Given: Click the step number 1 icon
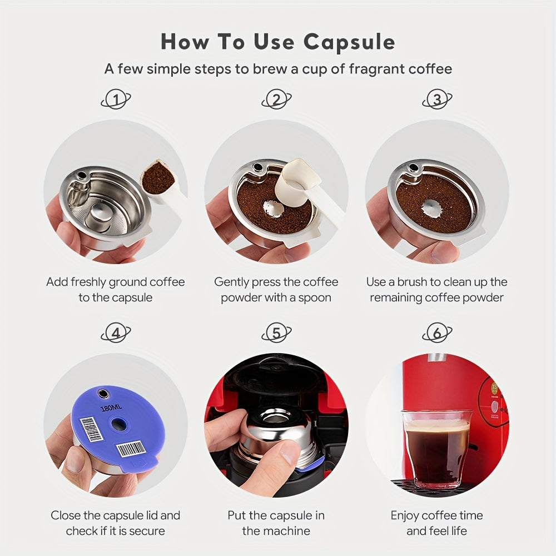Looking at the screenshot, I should [x=116, y=100].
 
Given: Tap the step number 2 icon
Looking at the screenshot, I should [x=276, y=100].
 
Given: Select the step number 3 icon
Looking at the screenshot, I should [x=437, y=100].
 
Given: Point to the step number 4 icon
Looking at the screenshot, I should [x=116, y=333].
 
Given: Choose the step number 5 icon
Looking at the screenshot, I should [x=276, y=333].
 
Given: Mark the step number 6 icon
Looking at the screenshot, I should [x=437, y=333].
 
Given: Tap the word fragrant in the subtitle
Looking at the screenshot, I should [x=378, y=69].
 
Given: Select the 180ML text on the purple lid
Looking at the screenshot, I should [x=111, y=408].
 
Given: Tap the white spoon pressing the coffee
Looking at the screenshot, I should [x=300, y=178].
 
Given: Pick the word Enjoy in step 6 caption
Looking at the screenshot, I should [x=407, y=515].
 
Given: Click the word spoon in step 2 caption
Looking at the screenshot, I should [x=315, y=297].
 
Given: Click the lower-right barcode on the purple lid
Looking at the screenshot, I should [x=131, y=448].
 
